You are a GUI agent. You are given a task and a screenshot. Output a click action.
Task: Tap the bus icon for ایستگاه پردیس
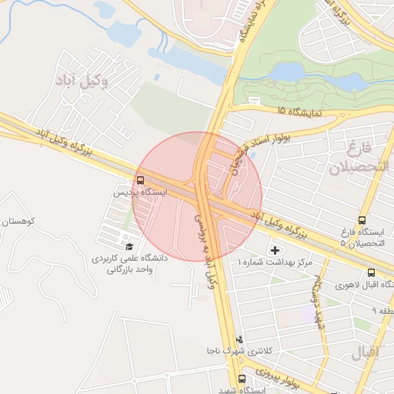140,181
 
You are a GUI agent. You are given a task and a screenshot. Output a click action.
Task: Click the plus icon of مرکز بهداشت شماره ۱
275,249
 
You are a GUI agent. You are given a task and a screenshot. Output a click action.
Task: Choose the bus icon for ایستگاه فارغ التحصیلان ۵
362,220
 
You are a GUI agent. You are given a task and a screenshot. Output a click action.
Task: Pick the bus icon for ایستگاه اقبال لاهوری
372,272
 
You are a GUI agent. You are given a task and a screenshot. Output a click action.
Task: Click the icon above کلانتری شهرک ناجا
239,339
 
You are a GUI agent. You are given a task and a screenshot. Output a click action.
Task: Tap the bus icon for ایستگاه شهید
242,379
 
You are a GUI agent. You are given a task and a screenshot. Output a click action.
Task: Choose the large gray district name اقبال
365,354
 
